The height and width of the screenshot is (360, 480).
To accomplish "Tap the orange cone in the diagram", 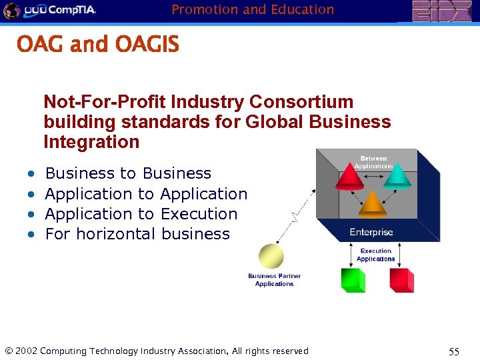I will pyautogui.click(x=372, y=204).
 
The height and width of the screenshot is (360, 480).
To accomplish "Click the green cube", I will pyautogui.click(x=353, y=280).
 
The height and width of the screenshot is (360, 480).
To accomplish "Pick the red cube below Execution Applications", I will pyautogui.click(x=401, y=280).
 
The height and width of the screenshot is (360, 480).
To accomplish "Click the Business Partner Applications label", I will pyautogui.click(x=274, y=280).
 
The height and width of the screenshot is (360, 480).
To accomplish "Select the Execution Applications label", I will pyautogui.click(x=376, y=255).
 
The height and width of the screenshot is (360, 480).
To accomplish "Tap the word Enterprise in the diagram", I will pyautogui.click(x=371, y=232).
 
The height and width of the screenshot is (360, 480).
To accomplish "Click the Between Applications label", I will pyautogui.click(x=374, y=162).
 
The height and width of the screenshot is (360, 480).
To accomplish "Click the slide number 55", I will pyautogui.click(x=454, y=351).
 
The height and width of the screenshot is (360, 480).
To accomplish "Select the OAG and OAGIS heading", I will pyautogui.click(x=98, y=45).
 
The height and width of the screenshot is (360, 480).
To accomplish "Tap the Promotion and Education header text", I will pyautogui.click(x=253, y=9).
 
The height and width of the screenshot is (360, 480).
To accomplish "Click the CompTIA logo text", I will pyautogui.click(x=69, y=10).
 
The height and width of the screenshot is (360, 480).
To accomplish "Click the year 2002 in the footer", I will pyautogui.click(x=26, y=351).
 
